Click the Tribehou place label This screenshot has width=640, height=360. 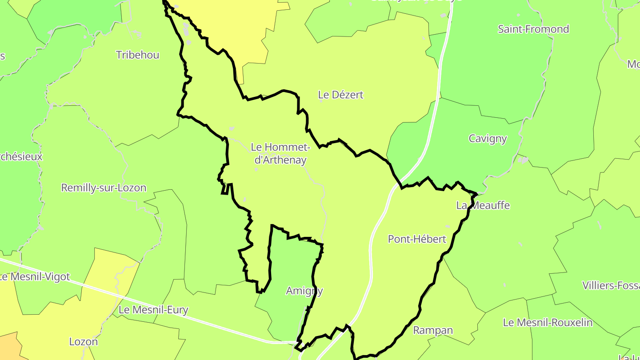point(137,55)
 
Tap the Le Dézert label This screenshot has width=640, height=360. point(341,95)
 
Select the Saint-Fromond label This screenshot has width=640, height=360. point(533,29)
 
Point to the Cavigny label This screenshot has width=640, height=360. point(488,139)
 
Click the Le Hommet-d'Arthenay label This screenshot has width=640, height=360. point(280,153)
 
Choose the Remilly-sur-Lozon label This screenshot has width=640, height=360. point(104,188)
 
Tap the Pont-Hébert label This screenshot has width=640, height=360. point(417,239)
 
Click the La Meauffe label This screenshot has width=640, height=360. point(483,205)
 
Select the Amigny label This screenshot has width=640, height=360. point(304,291)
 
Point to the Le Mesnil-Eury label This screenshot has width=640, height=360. point(154,310)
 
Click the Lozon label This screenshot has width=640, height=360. point(83,342)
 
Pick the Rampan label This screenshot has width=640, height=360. point(433,330)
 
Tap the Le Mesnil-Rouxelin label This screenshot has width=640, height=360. point(548,322)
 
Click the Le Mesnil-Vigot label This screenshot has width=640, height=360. point(36,277)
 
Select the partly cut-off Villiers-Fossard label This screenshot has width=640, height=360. point(611,285)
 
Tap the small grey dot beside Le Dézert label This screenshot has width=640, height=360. point(321,101)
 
